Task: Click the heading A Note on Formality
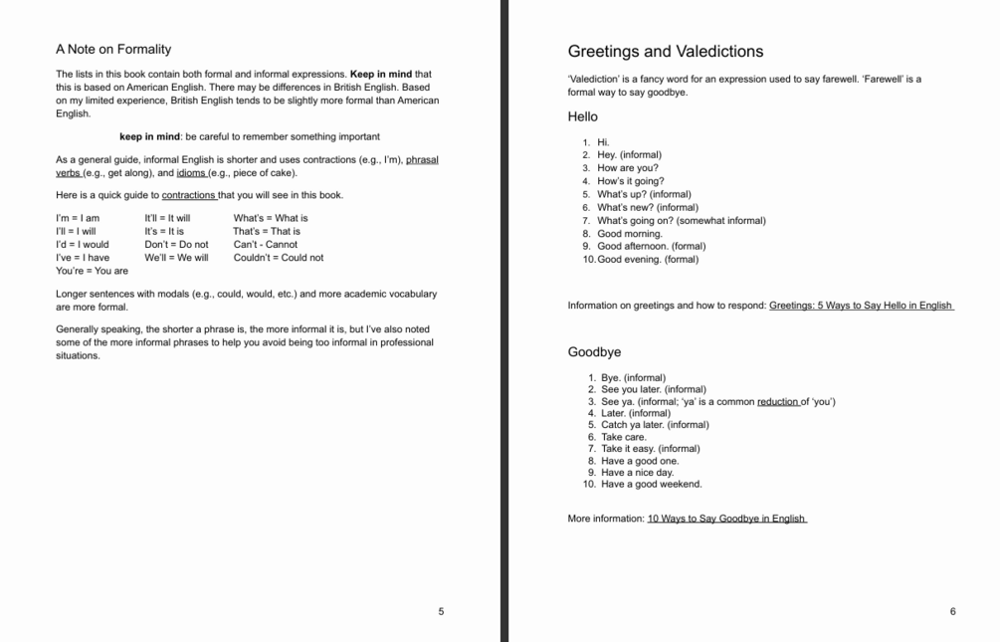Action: [x=113, y=49]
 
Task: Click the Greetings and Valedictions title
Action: [x=666, y=52]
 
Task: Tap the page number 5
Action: [x=441, y=611]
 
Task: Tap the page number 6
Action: [x=952, y=611]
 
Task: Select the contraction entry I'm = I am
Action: [x=78, y=218]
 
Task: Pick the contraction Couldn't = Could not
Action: [x=279, y=258]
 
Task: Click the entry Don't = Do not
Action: [x=176, y=244]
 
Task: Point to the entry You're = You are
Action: [x=92, y=271]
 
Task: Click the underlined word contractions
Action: [x=189, y=195]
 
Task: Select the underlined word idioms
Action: [x=191, y=173]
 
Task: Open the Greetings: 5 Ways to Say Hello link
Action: [x=861, y=306]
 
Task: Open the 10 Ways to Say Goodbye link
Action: [x=726, y=519]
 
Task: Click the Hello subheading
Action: [x=583, y=116]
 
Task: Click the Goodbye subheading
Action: [x=594, y=352]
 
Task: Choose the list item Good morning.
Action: [x=629, y=234]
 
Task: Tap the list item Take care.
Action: [x=624, y=437]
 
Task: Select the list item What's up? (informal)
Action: [x=644, y=195]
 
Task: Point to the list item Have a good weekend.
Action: [x=651, y=485]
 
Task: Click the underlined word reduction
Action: [x=778, y=402]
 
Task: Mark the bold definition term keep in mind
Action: [x=150, y=137]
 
